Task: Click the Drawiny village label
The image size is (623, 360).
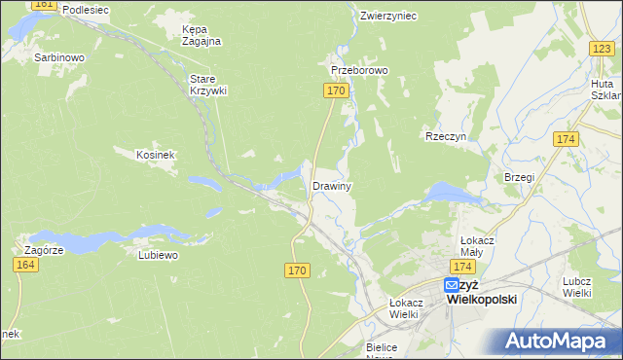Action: pyautogui.click(x=331, y=185)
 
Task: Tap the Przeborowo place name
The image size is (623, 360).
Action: pyautogui.click(x=359, y=71)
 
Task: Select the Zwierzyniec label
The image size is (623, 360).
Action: pyautogui.click(x=387, y=16)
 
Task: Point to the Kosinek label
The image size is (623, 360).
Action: pyautogui.click(x=155, y=154)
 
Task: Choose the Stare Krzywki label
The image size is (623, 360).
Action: pyautogui.click(x=207, y=85)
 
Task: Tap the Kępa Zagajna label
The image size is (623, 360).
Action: pyautogui.click(x=202, y=35)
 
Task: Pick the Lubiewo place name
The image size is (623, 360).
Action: pyautogui.click(x=159, y=256)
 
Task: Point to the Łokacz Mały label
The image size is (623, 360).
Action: pyautogui.click(x=479, y=245)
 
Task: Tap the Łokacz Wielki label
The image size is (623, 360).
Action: pyautogui.click(x=403, y=307)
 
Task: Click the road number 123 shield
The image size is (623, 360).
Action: pyautogui.click(x=601, y=48)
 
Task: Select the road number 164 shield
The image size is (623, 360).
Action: pyautogui.click(x=26, y=265)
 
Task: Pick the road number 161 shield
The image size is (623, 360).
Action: pyautogui.click(x=44, y=5)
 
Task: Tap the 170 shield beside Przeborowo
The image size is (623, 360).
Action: pyautogui.click(x=334, y=90)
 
